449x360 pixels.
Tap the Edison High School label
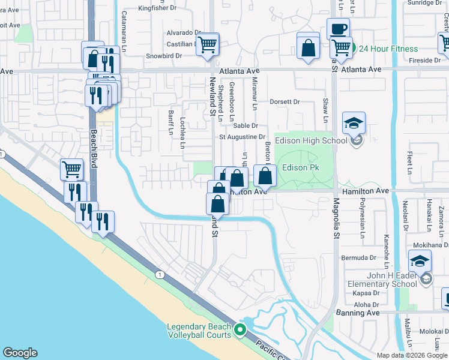(310, 141)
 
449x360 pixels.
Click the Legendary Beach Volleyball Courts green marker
(240, 329)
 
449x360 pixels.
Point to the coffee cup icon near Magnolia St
(338, 29)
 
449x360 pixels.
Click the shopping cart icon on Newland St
(208, 44)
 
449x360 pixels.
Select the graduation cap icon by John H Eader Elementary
(420, 260)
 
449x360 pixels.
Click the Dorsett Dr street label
(284, 102)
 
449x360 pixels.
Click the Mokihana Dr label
(430, 245)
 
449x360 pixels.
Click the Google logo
(20, 353)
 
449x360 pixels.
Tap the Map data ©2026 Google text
(411, 355)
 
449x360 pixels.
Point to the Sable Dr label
(245, 125)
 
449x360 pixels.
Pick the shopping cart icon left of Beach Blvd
(71, 170)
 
